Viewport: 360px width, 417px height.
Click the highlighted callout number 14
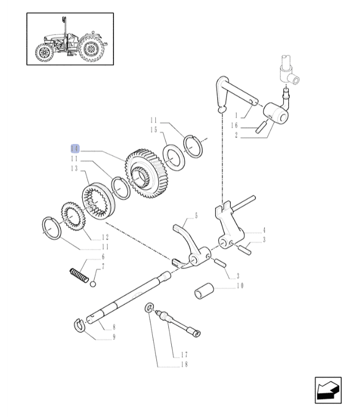[x=75, y=148]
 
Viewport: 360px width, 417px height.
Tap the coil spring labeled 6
[x=79, y=276]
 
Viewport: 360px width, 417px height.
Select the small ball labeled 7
[x=93, y=284]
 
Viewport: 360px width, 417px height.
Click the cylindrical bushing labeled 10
[x=204, y=290]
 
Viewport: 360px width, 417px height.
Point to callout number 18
[x=184, y=364]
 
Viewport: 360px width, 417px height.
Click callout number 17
[x=184, y=354]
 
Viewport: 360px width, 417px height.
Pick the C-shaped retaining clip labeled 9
[x=79, y=325]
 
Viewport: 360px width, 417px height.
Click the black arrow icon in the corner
[x=328, y=390]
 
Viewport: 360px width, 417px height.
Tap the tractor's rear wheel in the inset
[x=91, y=49]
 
